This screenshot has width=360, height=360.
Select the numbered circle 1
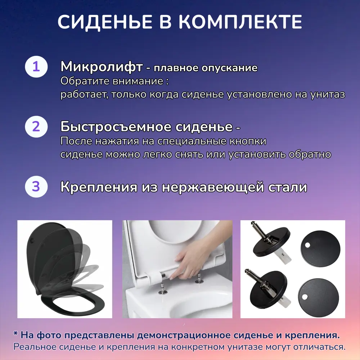tap(36, 67)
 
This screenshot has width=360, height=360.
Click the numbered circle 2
tap(36, 127)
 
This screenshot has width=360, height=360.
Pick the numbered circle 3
tap(36, 187)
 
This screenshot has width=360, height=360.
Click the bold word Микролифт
tap(101, 67)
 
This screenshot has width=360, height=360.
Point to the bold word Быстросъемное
tap(116, 127)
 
